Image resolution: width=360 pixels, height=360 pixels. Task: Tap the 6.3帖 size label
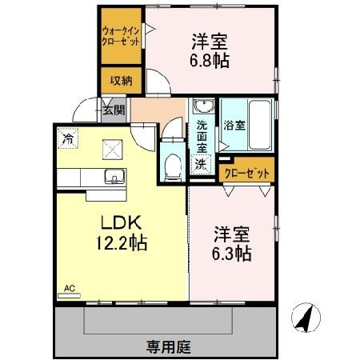(x=232, y=253)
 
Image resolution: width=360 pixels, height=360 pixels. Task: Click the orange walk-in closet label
(x=120, y=36)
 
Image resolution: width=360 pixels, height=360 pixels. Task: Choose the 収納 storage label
(x=121, y=81)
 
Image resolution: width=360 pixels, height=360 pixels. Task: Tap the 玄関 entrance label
(x=114, y=110)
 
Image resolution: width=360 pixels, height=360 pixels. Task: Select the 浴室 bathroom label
(x=234, y=125)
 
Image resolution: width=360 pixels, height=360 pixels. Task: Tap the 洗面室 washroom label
(x=202, y=136)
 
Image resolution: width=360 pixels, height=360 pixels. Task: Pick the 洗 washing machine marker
(x=202, y=163)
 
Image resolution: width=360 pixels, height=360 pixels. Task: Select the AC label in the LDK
(x=70, y=286)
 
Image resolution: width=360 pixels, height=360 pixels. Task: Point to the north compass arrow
(x=303, y=318)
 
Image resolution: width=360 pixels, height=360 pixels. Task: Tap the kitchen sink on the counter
(x=112, y=178)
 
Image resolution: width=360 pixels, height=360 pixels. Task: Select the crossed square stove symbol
(x=110, y=147)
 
